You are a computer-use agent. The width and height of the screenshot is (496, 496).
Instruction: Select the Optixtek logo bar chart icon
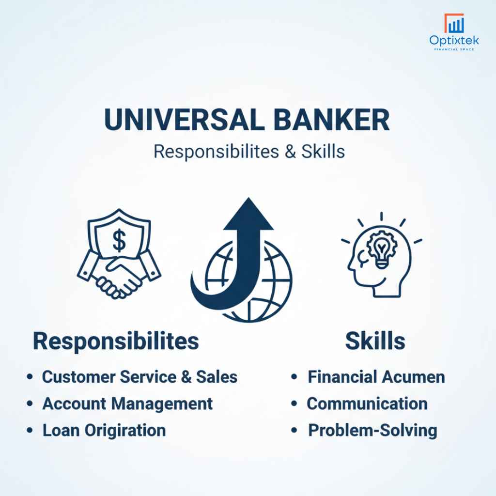[x=454, y=24]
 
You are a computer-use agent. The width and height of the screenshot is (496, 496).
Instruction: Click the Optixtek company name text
[x=454, y=41]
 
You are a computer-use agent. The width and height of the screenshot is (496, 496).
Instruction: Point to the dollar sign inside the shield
[x=119, y=241]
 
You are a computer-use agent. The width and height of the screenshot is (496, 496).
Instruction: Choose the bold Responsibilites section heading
[x=116, y=341]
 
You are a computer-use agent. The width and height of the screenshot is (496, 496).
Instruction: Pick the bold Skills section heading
[x=375, y=341]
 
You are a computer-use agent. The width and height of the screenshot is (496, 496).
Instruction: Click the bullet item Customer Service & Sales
[x=139, y=377]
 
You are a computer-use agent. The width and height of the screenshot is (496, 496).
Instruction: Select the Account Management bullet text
[x=127, y=403]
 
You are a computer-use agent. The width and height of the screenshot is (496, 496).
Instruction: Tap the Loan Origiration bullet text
[x=104, y=430]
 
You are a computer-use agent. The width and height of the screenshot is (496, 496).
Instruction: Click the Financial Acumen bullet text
[x=376, y=377]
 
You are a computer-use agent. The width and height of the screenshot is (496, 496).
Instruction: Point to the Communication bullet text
[x=367, y=403]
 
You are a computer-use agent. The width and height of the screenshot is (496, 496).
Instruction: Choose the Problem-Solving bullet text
[x=372, y=430]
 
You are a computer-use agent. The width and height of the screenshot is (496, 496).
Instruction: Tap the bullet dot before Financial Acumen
[x=294, y=377]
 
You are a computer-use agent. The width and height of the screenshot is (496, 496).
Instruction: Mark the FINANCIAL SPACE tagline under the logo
[x=454, y=49]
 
